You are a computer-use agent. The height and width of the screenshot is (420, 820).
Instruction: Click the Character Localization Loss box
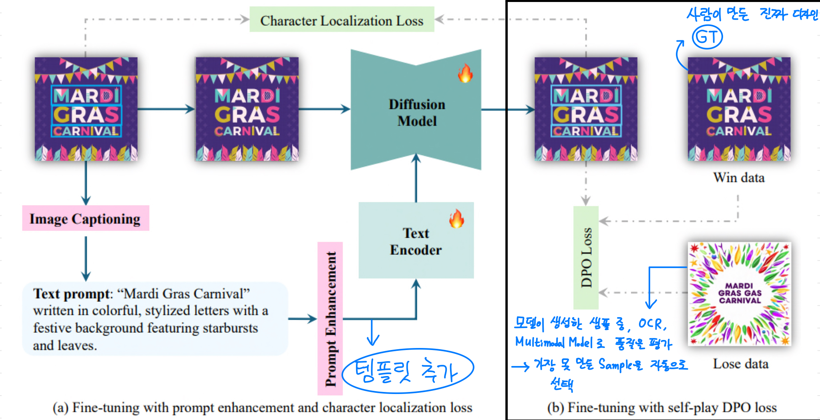[x=342, y=20]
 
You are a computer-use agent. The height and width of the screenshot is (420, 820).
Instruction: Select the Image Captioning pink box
[x=85, y=218]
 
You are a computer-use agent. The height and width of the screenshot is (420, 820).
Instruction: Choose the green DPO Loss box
[x=586, y=258]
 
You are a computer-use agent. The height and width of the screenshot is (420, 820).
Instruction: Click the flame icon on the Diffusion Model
[x=465, y=73]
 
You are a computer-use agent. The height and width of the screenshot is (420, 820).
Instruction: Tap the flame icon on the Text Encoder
[x=456, y=218]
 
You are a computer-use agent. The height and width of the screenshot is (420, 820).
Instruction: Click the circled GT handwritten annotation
[x=707, y=37]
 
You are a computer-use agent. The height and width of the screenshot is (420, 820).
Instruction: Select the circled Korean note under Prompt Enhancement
[x=408, y=371]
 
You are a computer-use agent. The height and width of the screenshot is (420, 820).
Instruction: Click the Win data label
[x=739, y=178]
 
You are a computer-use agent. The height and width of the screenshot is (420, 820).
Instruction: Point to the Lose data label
[x=740, y=364]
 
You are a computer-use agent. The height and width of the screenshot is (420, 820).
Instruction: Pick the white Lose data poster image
[x=739, y=294]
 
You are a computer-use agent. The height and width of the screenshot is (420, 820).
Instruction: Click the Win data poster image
[x=739, y=109]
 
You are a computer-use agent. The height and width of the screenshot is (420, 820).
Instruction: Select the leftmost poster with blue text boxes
[x=86, y=109]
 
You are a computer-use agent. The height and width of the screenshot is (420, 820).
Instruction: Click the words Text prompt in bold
[x=71, y=294]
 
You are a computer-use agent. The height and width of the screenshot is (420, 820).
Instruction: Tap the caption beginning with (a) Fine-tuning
[x=262, y=408]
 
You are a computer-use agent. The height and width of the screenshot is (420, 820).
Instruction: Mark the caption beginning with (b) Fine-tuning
[x=662, y=408]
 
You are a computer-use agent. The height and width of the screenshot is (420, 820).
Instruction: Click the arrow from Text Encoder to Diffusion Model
[x=416, y=178]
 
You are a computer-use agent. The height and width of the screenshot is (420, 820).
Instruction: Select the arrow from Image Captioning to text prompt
[x=86, y=258]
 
